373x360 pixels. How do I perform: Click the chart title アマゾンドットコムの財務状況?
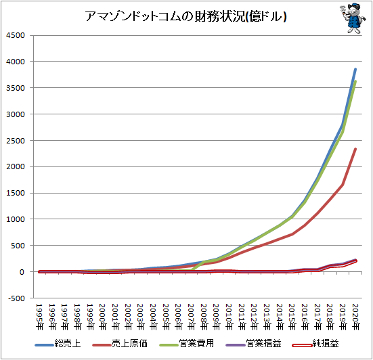[x=164, y=16]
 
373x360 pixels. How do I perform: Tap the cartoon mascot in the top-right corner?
[x=352, y=18]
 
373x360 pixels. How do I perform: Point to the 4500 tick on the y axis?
[x=16, y=35]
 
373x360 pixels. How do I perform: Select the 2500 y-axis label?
[x=16, y=141]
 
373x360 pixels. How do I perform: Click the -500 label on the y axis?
[x=16, y=298]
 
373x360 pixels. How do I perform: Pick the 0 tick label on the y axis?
[x=22, y=272]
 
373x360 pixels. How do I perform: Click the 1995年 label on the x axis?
[x=39, y=317]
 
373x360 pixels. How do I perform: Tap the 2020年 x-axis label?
[x=355, y=317]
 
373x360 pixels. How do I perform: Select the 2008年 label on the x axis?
[x=204, y=317]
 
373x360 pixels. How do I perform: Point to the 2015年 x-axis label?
[x=292, y=317]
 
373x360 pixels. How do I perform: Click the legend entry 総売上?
[x=58, y=344]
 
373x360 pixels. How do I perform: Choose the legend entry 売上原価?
[x=120, y=344]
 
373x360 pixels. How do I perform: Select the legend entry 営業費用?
[x=187, y=344]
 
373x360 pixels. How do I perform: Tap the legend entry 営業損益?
[x=254, y=344]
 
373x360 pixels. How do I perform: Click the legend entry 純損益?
[x=315, y=344]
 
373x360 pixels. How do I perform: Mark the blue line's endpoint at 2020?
[x=355, y=69]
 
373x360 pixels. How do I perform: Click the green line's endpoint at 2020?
[x=355, y=82]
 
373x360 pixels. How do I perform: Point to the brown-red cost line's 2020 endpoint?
[x=355, y=149]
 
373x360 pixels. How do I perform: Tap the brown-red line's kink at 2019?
[x=343, y=185]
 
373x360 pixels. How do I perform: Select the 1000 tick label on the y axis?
[x=16, y=219]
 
